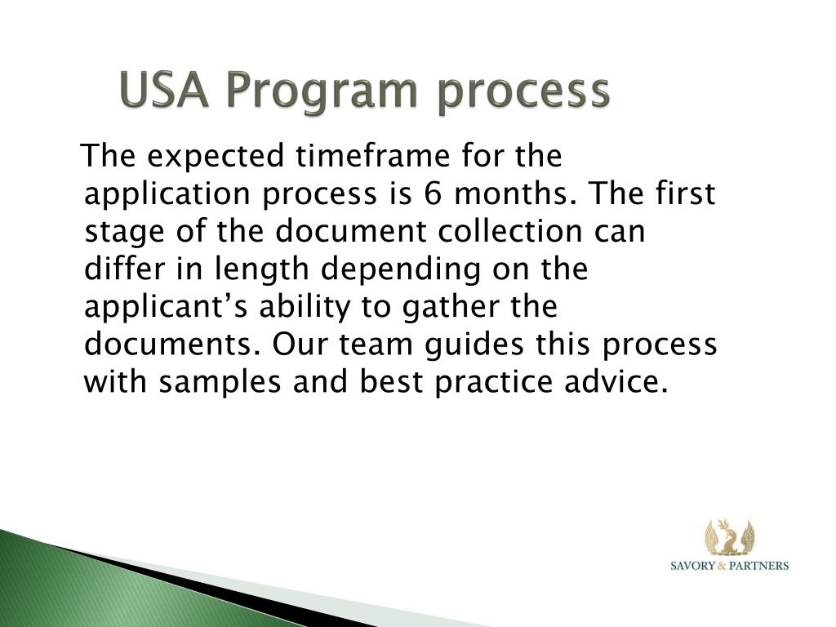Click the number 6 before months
click(x=433, y=193)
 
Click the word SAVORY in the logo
click(x=692, y=566)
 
